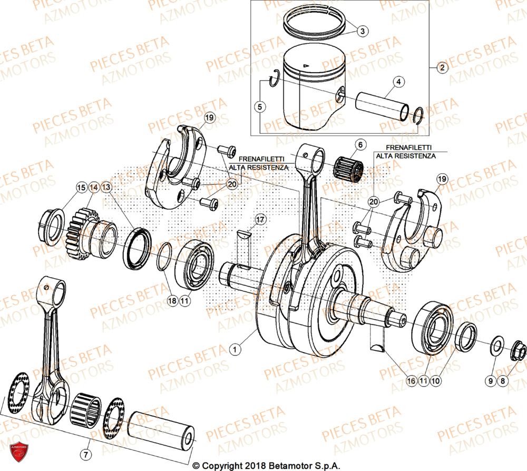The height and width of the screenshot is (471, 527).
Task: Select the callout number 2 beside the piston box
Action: [x=442, y=67]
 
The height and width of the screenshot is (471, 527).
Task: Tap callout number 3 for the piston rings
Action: [x=362, y=32]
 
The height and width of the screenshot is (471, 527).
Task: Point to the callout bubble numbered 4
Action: [x=399, y=82]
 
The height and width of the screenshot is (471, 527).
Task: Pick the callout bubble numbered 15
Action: [x=81, y=187]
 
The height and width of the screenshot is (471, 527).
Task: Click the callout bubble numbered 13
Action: [x=106, y=187]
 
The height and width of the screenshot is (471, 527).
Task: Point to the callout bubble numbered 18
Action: [x=172, y=301]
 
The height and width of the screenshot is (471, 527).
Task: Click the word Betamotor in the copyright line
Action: [x=297, y=466]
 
